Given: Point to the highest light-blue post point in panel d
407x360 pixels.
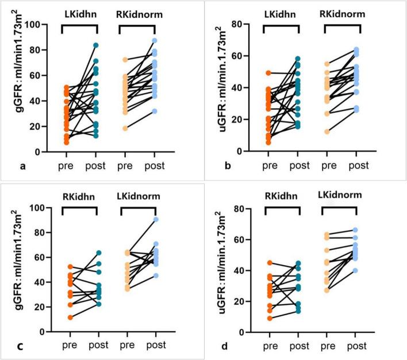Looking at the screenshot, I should point(363,231).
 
